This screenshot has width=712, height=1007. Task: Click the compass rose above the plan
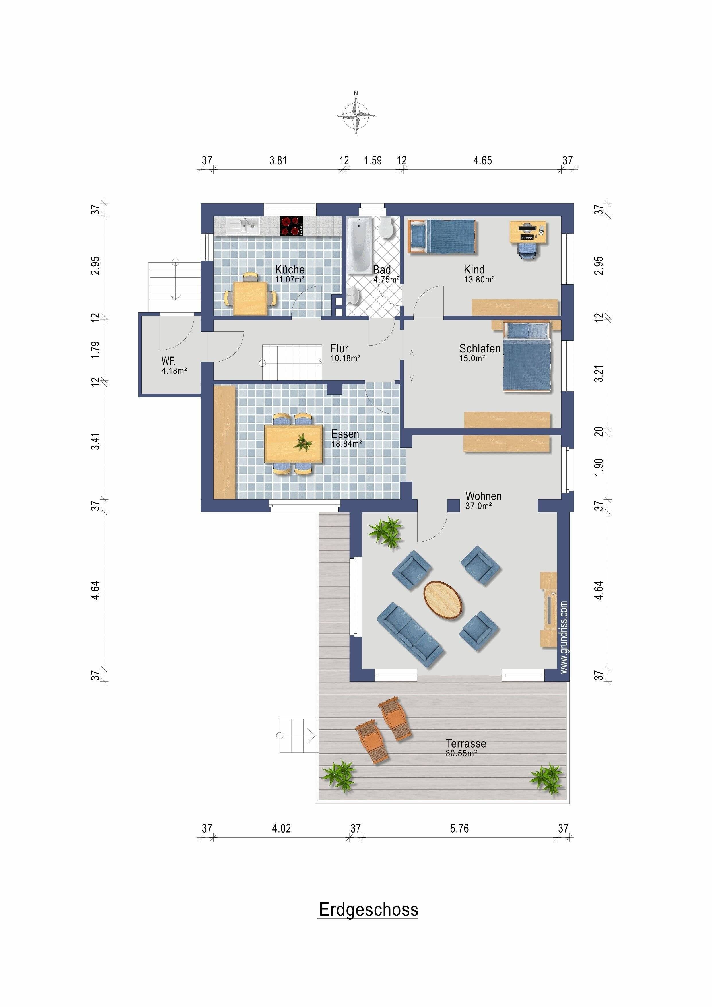(356, 115)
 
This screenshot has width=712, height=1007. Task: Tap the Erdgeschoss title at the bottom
(368, 910)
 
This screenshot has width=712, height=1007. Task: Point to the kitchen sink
(242, 226)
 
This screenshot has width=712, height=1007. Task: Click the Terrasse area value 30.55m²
(461, 753)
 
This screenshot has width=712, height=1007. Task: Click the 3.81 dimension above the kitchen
(278, 160)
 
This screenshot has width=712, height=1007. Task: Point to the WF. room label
(168, 361)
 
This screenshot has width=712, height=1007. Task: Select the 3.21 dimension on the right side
(599, 374)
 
